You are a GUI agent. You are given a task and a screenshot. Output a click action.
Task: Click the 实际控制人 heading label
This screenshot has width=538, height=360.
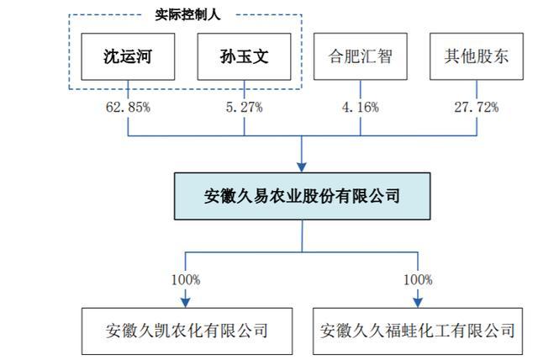[x=187, y=15]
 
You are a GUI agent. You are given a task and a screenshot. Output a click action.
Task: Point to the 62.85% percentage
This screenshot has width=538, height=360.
[x=128, y=108]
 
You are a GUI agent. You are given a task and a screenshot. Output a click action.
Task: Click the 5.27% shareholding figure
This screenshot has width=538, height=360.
[x=244, y=108]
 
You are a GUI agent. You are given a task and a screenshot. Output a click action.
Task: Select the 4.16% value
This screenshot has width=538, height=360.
[x=361, y=108]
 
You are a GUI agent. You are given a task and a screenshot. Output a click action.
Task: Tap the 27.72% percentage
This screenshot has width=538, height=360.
[x=477, y=108]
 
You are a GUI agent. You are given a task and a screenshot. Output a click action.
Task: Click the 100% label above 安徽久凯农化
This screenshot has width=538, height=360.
[x=186, y=280]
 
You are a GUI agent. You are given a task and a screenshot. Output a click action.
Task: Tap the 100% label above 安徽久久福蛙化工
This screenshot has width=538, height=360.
[x=418, y=280]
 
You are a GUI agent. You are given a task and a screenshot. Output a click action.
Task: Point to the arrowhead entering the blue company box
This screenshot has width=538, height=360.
[x=302, y=167]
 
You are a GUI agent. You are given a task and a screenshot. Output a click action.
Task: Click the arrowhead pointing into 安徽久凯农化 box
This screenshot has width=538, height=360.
[x=186, y=302]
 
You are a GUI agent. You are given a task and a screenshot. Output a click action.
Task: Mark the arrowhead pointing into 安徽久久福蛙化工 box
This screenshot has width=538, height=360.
[x=418, y=302]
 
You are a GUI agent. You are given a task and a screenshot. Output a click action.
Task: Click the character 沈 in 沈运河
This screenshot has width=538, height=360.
[x=112, y=56]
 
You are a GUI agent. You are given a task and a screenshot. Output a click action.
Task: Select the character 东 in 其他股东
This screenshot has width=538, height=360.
[x=500, y=56]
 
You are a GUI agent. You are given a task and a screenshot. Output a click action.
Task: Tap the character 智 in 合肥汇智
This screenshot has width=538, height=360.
[x=384, y=56]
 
